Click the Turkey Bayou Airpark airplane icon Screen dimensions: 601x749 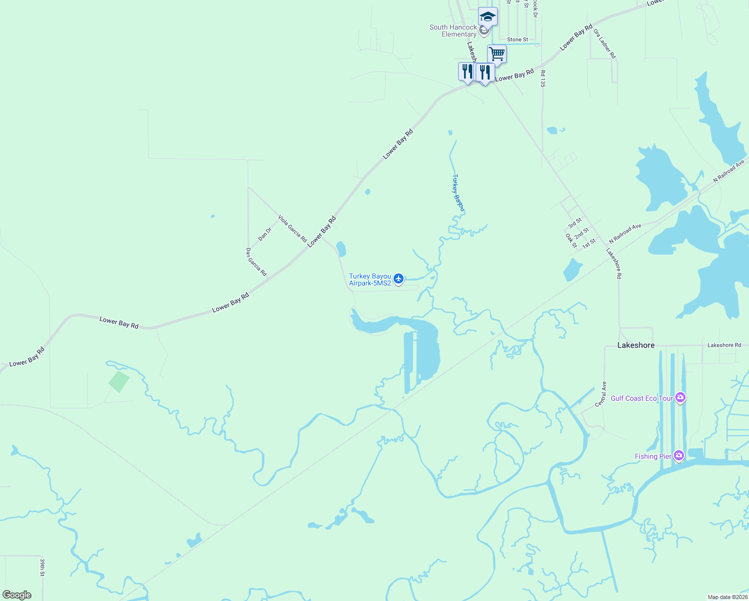[x=399, y=279]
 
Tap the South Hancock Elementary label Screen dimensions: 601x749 [x=453, y=31]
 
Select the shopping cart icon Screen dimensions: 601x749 [x=497, y=53]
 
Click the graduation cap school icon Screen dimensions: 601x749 [x=488, y=17]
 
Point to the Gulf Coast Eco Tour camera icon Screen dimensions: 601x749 [x=680, y=398]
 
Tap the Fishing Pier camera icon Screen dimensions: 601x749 [x=679, y=456]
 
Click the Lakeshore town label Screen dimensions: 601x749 [x=636, y=346]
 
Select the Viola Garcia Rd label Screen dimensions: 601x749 [x=292, y=229]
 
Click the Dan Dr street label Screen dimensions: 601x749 [x=265, y=233]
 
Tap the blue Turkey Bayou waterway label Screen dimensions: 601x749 [x=459, y=193]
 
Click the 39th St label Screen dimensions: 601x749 [x=43, y=567]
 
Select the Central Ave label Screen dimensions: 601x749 [x=601, y=394]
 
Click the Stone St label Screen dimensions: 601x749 [x=518, y=40]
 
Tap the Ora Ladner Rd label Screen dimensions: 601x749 [x=604, y=44]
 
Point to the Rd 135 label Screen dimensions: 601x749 [x=543, y=79]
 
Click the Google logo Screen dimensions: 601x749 [x=17, y=595]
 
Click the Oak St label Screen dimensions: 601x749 [x=571, y=241]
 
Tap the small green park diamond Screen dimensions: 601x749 [x=119, y=382]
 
